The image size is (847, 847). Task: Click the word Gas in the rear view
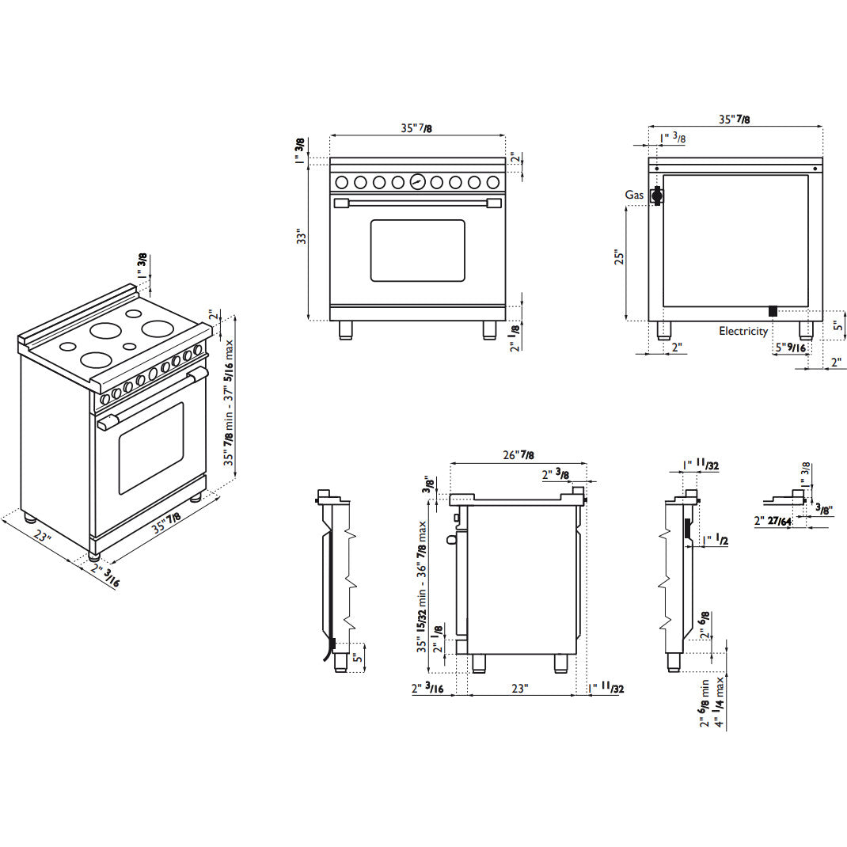pyautogui.click(x=634, y=195)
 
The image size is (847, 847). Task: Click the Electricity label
pyautogui.click(x=743, y=331)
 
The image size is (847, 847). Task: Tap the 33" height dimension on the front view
pyautogui.click(x=302, y=237)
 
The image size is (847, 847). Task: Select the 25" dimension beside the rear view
pyautogui.click(x=619, y=257)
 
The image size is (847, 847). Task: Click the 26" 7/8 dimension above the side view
pyautogui.click(x=518, y=455)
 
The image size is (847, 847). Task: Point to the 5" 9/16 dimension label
pyautogui.click(x=791, y=348)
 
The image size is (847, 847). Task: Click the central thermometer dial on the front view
pyautogui.click(x=417, y=182)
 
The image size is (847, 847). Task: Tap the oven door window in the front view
pyautogui.click(x=417, y=250)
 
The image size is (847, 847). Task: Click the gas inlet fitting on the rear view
pyautogui.click(x=657, y=196)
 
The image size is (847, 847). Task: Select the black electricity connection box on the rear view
pyautogui.click(x=773, y=311)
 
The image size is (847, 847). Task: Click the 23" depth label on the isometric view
pyautogui.click(x=43, y=537)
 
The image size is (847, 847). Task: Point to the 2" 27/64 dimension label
pyautogui.click(x=773, y=522)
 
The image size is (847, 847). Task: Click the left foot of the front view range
pyautogui.click(x=346, y=330)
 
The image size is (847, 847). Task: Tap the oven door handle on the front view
pyautogui.click(x=417, y=203)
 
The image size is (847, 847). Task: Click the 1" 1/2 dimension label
pyautogui.click(x=716, y=540)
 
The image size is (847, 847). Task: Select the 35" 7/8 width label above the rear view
pyautogui.click(x=734, y=120)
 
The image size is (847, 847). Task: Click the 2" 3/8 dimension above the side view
pyautogui.click(x=556, y=475)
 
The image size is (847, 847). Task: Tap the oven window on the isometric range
pyautogui.click(x=150, y=448)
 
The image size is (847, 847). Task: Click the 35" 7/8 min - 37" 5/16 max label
pyautogui.click(x=229, y=402)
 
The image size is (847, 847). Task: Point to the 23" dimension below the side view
pyautogui.click(x=519, y=688)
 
